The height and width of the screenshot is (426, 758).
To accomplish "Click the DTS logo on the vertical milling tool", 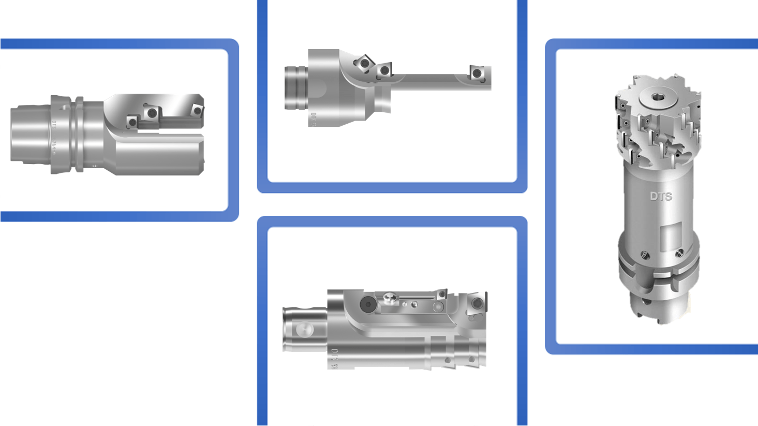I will (661, 196).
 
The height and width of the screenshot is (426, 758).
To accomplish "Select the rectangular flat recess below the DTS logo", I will (675, 236).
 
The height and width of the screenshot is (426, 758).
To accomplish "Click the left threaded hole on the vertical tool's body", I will (645, 254).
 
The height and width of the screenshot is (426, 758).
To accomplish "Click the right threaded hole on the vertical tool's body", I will (679, 252).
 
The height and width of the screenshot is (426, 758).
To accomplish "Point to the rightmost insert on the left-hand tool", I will (197, 111).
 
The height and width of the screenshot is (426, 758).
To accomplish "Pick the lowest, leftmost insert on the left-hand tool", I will (132, 122).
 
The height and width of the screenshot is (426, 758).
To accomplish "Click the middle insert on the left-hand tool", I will (152, 112).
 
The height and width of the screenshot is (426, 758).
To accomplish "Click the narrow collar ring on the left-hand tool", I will (79, 134).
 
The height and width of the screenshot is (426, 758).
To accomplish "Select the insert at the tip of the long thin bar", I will (477, 74).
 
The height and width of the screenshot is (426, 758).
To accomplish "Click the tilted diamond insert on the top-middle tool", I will (364, 63).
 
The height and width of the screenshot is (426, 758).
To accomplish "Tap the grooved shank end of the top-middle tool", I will (296, 88).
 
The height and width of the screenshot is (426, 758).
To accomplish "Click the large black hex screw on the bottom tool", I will (368, 304).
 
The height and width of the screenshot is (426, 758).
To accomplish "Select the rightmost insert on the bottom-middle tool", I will (477, 303).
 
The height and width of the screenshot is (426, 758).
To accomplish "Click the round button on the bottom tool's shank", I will (305, 329).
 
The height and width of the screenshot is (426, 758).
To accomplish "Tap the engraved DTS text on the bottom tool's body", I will (334, 358).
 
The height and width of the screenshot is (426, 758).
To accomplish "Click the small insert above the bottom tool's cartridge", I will (441, 295).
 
